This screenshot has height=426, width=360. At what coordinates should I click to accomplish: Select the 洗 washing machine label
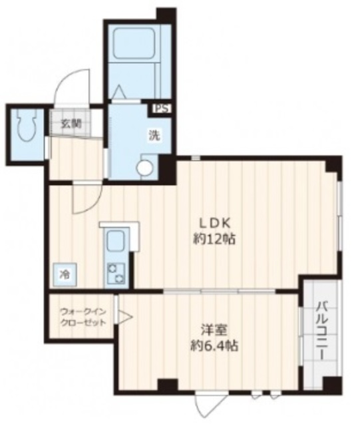tap(153, 135)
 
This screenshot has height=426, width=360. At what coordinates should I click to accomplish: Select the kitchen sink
tap(115, 239)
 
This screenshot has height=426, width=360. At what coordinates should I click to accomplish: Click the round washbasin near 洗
tap(144, 167)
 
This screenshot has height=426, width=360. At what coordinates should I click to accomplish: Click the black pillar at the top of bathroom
tap(166, 13)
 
